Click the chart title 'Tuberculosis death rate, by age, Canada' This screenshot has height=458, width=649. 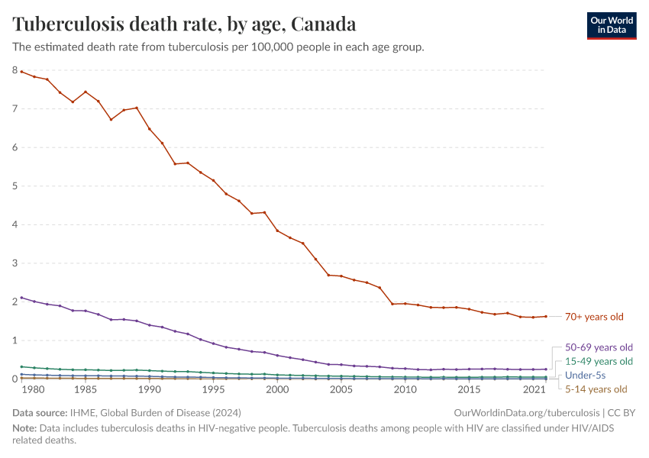(x=184, y=24)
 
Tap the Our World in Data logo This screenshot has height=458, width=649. (x=611, y=24)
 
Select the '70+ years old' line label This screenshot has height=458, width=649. (x=594, y=316)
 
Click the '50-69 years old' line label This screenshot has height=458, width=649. (x=599, y=347)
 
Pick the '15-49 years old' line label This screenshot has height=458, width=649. (x=599, y=361)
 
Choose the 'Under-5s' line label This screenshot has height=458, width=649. (x=586, y=376)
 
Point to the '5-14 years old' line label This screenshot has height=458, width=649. (x=596, y=389)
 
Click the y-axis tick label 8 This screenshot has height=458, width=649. (x=15, y=70)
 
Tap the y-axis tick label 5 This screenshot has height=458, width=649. (x=15, y=186)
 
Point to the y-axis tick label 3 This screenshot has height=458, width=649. (x=15, y=263)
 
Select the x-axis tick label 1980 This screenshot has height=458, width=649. (x=33, y=389)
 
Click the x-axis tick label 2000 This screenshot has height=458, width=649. (x=277, y=389)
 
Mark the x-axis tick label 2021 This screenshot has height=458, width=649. (x=533, y=389)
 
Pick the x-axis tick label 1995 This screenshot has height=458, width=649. (x=213, y=389)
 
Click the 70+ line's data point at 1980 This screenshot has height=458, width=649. (x=34, y=76)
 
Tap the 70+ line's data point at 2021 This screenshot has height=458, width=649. (x=546, y=316)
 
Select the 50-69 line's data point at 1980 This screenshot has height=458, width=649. (x=34, y=302)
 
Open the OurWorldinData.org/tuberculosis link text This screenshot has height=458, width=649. (x=522, y=412)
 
